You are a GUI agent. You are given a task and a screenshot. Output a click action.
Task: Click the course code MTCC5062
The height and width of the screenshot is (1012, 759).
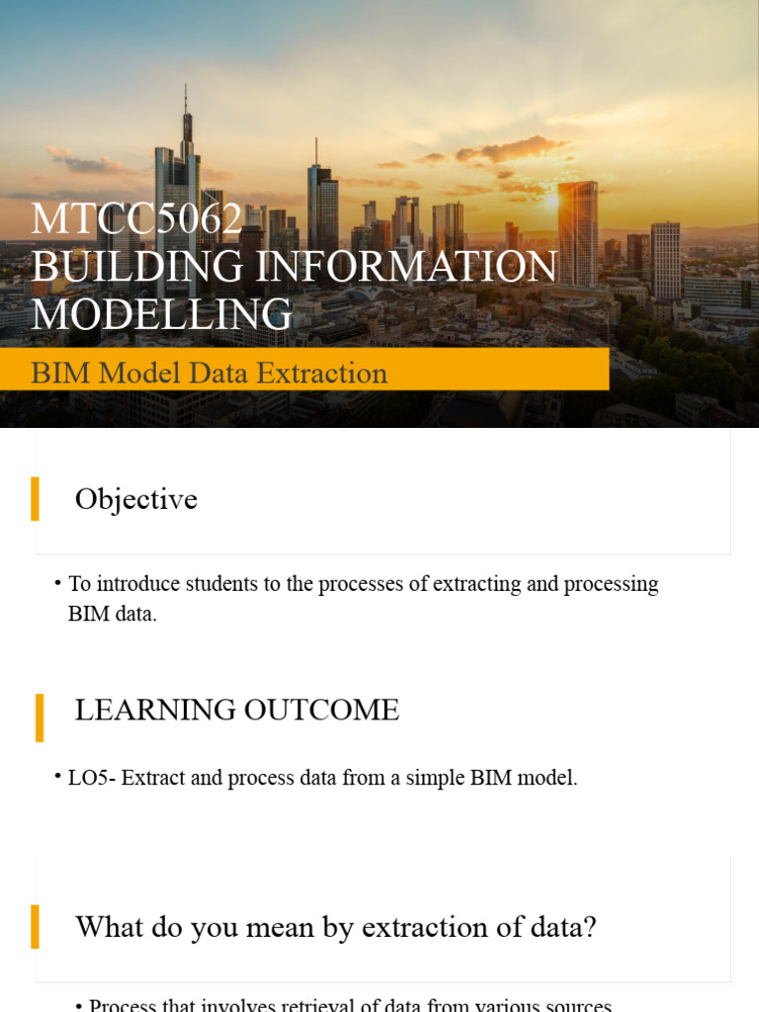(x=136, y=219)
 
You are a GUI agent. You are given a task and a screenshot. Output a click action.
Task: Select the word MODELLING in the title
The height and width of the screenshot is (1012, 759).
(x=162, y=314)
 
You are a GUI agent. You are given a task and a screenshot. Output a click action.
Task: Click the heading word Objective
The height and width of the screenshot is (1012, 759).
(x=136, y=499)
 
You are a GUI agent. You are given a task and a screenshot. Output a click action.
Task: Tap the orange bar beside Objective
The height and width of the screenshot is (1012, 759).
(x=36, y=498)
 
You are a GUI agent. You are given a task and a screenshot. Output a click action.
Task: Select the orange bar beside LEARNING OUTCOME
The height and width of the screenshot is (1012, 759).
(x=40, y=717)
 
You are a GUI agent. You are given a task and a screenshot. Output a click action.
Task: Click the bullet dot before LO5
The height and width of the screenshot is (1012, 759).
(x=58, y=776)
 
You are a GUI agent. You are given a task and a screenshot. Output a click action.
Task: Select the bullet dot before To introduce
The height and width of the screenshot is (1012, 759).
(x=58, y=583)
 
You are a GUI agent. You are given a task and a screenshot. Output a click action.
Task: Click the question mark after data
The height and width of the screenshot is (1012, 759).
(x=589, y=927)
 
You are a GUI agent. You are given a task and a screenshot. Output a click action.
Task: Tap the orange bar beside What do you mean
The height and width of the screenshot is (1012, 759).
(x=36, y=926)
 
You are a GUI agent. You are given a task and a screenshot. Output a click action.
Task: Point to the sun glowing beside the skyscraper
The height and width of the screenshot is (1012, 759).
(x=554, y=199)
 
